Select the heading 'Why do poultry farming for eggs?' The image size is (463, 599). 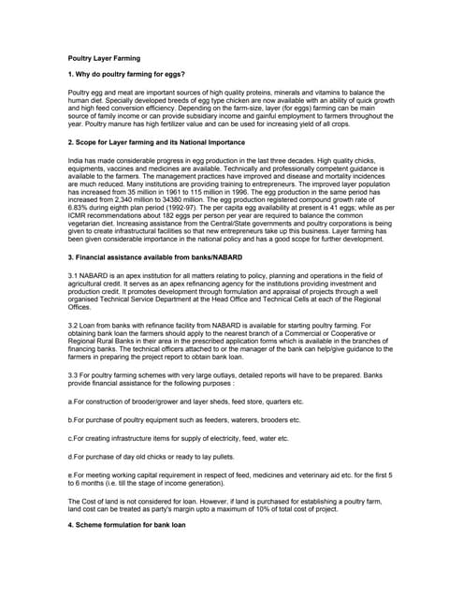pos(126,74)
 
